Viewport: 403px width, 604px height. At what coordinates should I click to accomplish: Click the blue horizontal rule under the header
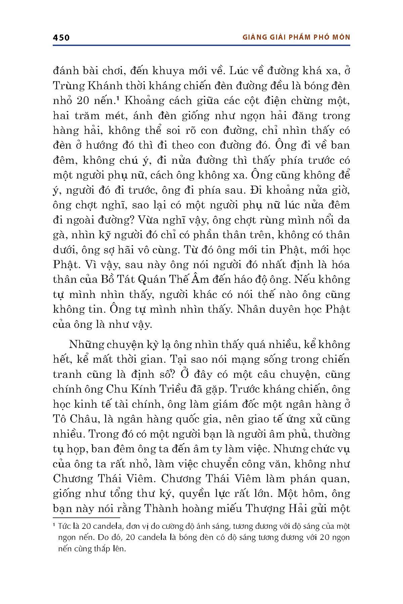click(x=201, y=45)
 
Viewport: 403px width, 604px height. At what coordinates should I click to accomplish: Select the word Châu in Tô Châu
click(x=84, y=419)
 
